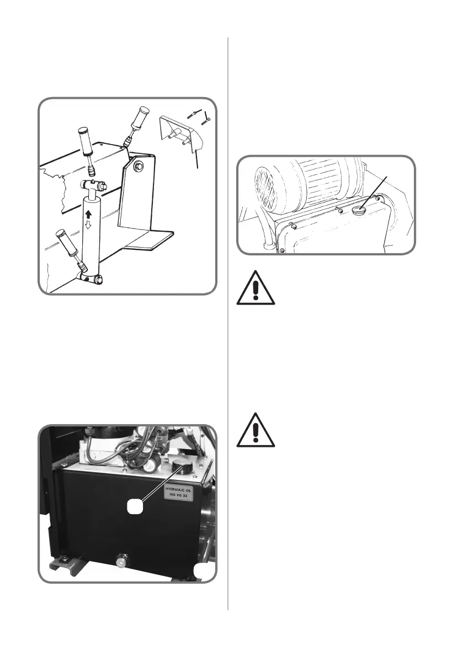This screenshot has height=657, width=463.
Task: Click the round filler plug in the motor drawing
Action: [x=361, y=209]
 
